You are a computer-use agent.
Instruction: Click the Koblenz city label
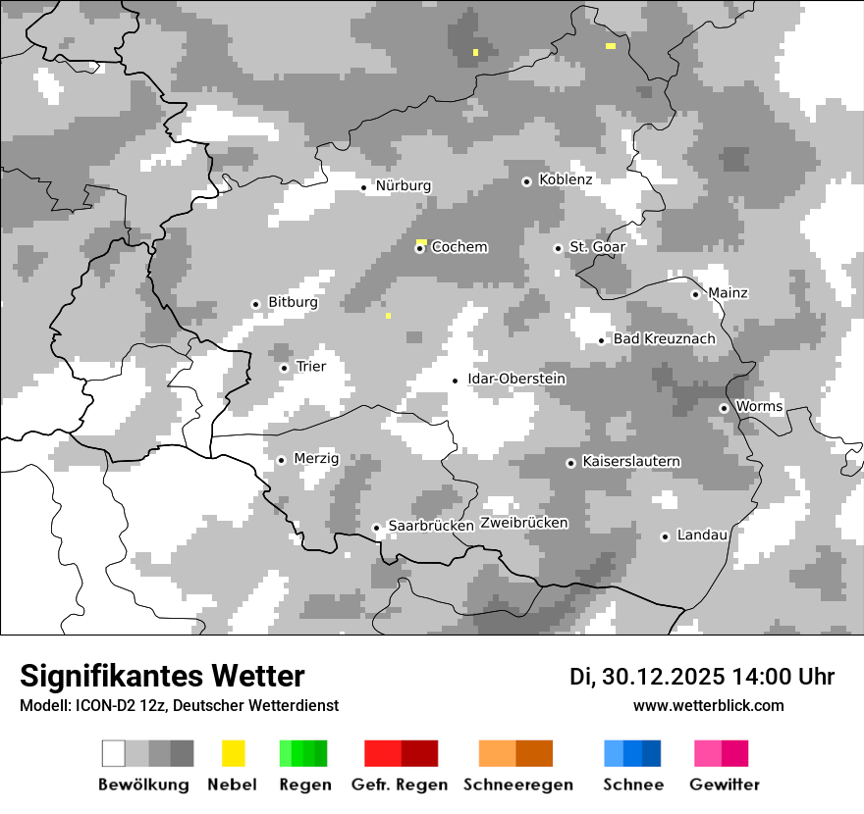pos(566,180)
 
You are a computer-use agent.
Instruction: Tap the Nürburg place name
pos(404,186)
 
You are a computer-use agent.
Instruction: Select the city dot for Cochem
pos(419,248)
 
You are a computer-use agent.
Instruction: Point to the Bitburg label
pos(293,303)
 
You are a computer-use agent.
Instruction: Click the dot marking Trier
pos(284,368)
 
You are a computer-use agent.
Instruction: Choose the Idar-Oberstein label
pos(516,380)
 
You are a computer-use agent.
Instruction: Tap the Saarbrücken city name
pos(431,527)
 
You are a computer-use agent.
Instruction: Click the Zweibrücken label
pos(524,524)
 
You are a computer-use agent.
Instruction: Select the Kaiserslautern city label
pos(631,462)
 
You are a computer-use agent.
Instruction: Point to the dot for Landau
pos(665,536)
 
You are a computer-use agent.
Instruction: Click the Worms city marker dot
pos(724,408)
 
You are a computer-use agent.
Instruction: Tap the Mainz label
pos(728,293)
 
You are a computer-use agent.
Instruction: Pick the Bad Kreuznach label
pos(665,339)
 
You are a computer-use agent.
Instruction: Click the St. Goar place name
pos(597,247)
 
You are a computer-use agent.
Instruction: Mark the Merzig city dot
pos(281,460)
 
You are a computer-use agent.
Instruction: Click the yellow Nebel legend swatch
pos(234,753)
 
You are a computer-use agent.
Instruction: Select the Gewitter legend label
pos(725,785)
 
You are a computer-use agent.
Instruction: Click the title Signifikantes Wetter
pos(162,677)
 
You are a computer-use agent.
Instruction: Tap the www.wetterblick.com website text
pos(709,706)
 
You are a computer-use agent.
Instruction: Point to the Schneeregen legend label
pos(518,785)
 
